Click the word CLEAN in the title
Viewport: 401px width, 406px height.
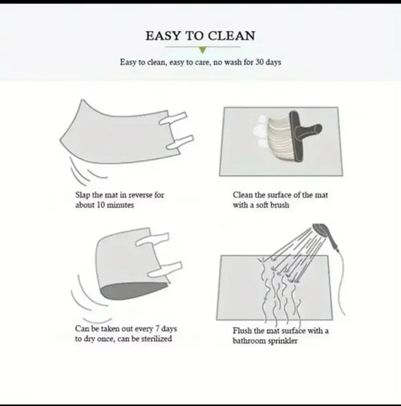(232, 36)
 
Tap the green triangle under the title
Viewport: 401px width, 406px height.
(203, 50)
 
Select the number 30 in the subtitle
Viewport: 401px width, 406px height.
(259, 62)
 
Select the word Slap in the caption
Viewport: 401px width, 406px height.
(83, 195)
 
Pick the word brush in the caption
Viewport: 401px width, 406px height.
(280, 205)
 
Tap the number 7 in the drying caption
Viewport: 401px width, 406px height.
(157, 328)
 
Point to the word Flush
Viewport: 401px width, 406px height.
(242, 331)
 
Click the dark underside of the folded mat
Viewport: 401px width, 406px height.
(134, 290)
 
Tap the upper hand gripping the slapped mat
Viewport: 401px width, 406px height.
(173, 119)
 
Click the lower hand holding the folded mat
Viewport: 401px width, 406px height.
(165, 270)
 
